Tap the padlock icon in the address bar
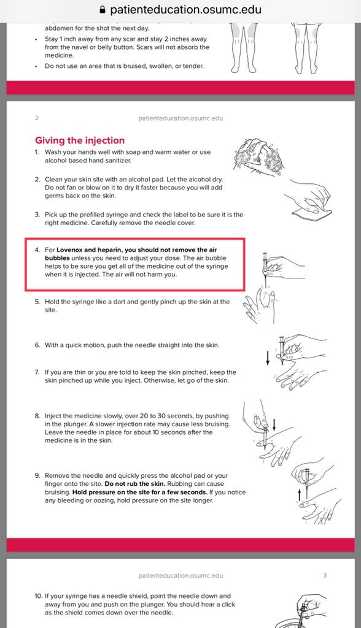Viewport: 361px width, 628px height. [103, 10]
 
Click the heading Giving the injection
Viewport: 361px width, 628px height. [80, 140]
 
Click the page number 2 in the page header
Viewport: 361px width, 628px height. [37, 118]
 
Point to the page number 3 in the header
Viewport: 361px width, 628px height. [325, 575]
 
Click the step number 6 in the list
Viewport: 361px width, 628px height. [37, 345]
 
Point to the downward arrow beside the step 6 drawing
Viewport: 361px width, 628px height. [268, 358]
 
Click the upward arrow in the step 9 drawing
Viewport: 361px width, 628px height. [299, 496]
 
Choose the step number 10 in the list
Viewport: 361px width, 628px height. [39, 596]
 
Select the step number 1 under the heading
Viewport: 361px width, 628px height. [36, 152]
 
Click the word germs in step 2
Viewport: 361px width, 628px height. [54, 196]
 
